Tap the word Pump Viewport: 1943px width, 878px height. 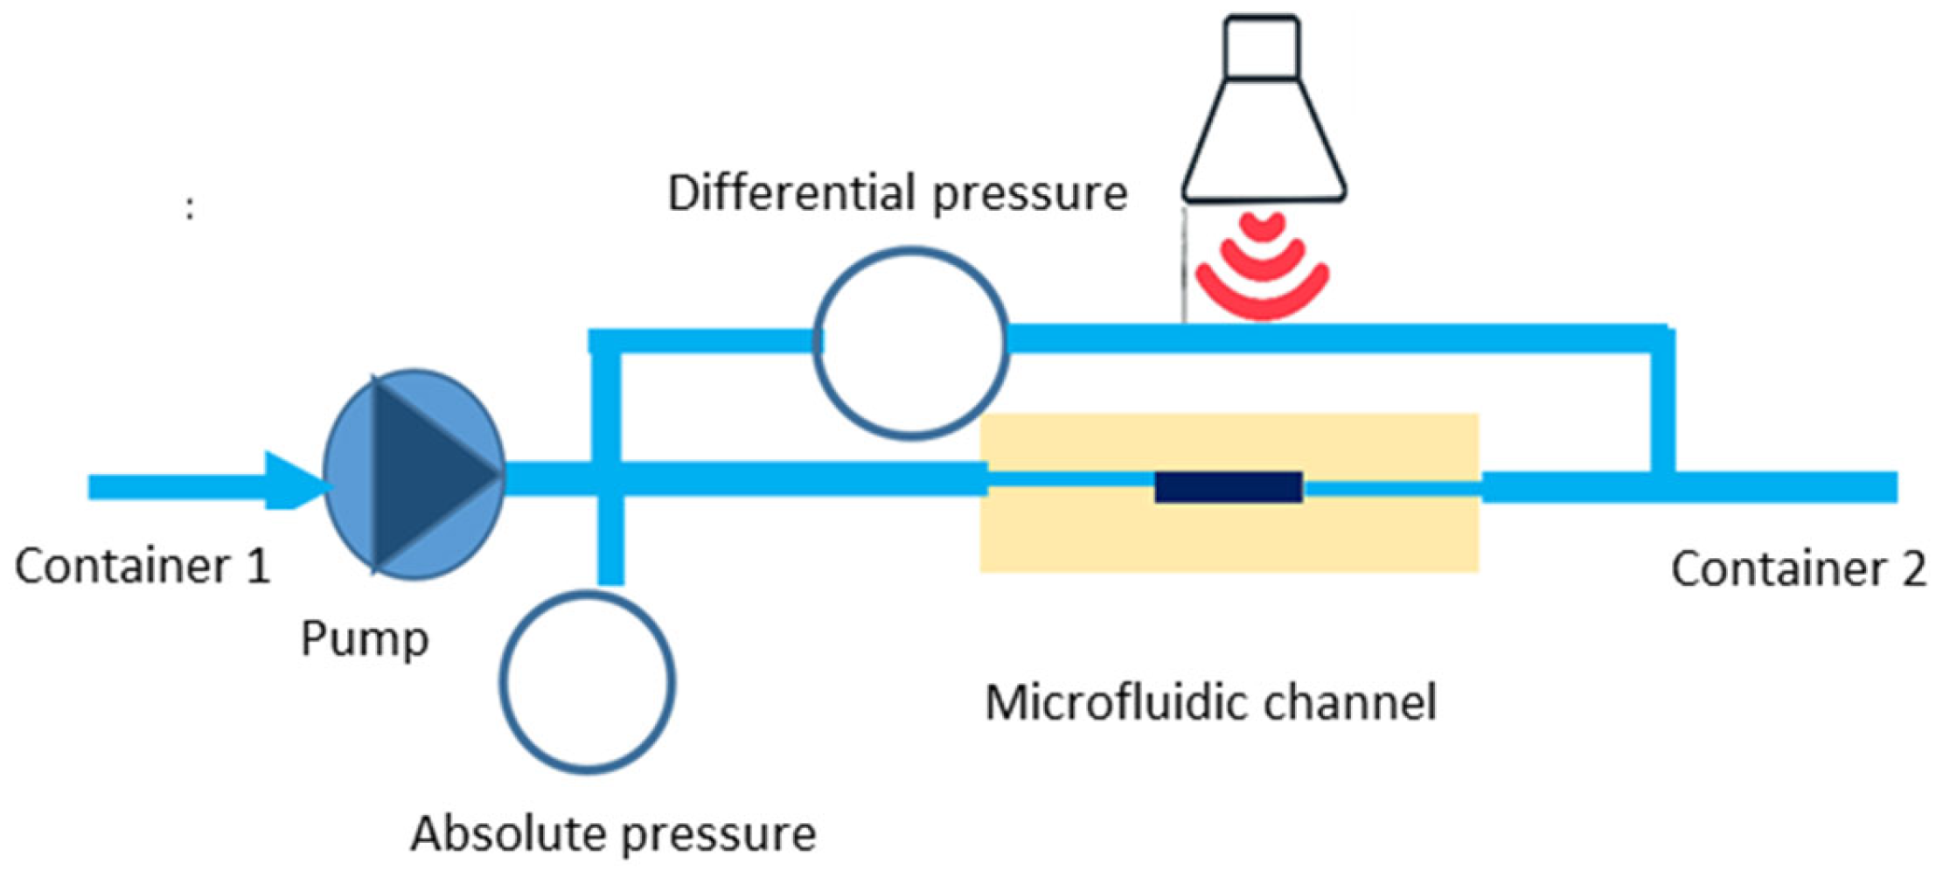coord(365,638)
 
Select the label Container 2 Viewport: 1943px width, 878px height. coord(1797,569)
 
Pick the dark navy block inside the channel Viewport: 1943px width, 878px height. coord(1229,487)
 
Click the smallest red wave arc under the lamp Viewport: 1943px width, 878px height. coord(1262,227)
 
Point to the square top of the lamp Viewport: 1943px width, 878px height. coord(1262,47)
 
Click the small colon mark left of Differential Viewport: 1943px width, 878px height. coord(190,209)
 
